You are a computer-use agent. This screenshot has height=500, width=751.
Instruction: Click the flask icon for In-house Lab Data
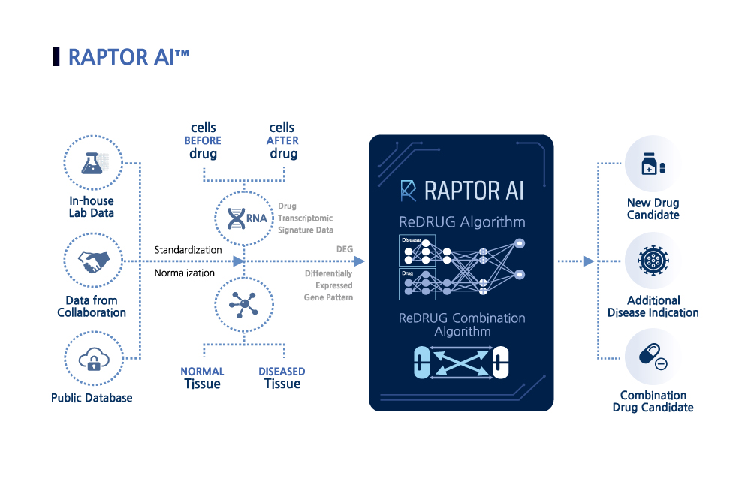click(92, 161)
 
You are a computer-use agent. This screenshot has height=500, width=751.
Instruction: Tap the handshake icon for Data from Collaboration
click(92, 261)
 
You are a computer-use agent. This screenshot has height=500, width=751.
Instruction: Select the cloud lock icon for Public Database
click(92, 360)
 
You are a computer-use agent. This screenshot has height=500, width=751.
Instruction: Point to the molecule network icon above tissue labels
click(243, 304)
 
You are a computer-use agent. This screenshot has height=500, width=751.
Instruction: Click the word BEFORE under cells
click(203, 140)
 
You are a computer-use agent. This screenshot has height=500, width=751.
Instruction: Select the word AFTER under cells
click(282, 140)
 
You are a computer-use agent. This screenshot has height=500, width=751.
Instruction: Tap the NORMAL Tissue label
click(202, 378)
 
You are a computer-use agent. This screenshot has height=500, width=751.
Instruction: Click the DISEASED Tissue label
click(282, 378)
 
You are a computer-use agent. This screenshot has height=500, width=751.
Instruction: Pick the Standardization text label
click(188, 249)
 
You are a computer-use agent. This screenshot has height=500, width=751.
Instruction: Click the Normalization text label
click(185, 273)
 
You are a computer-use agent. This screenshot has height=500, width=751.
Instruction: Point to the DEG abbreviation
click(345, 248)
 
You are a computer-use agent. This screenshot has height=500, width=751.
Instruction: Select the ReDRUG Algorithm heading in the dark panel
click(461, 222)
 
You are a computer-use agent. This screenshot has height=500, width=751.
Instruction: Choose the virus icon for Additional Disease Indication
click(653, 261)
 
